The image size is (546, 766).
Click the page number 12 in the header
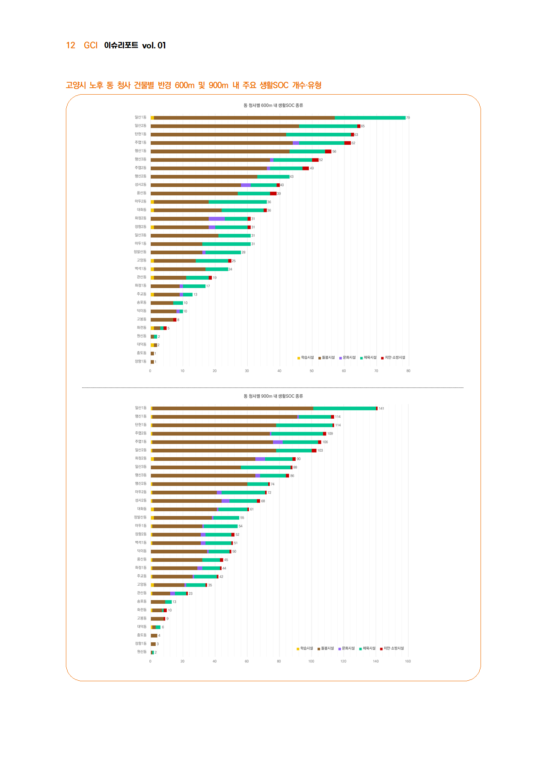71,45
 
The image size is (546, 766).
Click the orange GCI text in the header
91,45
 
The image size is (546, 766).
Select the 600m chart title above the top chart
273,105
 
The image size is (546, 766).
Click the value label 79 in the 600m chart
408,118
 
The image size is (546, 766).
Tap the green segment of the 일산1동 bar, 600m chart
370,118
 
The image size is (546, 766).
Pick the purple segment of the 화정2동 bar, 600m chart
217,219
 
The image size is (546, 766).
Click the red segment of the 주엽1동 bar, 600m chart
347,143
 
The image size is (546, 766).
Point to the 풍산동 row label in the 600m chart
141,193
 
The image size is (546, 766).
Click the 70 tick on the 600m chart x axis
376,371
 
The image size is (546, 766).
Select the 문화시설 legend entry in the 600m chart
347,358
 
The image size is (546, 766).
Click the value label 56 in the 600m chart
334,152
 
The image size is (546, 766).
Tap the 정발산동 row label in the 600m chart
140,252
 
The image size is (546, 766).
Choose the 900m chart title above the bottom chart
273,396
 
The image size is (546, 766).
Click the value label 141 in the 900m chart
381,408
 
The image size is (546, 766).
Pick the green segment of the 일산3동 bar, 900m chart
266,467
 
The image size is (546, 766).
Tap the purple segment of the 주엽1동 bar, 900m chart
278,442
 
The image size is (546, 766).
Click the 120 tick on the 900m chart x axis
343,661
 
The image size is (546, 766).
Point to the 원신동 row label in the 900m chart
142,652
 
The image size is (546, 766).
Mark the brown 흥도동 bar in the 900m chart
154,635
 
